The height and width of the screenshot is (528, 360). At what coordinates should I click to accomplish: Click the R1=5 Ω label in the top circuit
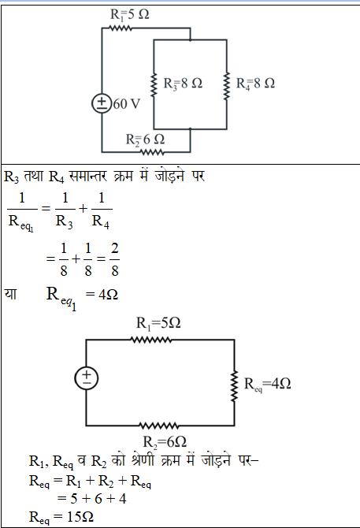(129, 14)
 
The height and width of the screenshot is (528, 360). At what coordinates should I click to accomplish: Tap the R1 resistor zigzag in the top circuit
(121, 28)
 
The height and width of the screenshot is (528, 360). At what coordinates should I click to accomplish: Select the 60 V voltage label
(126, 104)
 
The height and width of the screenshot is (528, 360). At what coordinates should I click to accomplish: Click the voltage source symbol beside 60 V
(102, 103)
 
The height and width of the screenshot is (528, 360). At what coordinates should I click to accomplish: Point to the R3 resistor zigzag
(154, 85)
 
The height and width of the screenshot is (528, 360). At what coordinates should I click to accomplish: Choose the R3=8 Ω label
(183, 84)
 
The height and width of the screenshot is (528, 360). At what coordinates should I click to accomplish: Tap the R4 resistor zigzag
(226, 86)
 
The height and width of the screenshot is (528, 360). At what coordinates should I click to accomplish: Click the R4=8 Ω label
(255, 84)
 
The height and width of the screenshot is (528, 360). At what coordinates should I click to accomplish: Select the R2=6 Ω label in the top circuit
(145, 139)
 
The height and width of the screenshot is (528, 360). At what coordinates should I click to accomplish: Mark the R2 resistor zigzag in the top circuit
(152, 152)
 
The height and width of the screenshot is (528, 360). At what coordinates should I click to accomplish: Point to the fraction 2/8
(115, 259)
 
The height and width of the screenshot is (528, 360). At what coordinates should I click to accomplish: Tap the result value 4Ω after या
(108, 295)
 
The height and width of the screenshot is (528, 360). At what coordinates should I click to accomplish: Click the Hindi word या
(10, 294)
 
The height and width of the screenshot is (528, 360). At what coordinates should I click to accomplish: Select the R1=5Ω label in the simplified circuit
(158, 323)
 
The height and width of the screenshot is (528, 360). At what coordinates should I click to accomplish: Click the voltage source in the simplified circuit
(87, 378)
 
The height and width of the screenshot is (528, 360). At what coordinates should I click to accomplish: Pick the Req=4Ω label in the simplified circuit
(267, 384)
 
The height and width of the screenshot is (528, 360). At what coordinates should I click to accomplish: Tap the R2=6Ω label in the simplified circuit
(165, 442)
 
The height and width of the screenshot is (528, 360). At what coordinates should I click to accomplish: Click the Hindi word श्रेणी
(143, 460)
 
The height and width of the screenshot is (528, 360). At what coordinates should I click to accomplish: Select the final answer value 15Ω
(82, 517)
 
